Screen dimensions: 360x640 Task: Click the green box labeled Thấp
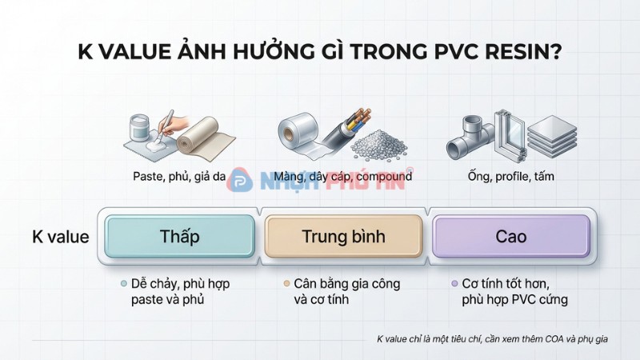179,237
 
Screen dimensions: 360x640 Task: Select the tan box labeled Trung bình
343,237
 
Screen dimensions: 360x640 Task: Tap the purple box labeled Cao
510,237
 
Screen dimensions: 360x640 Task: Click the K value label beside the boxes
61,237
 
